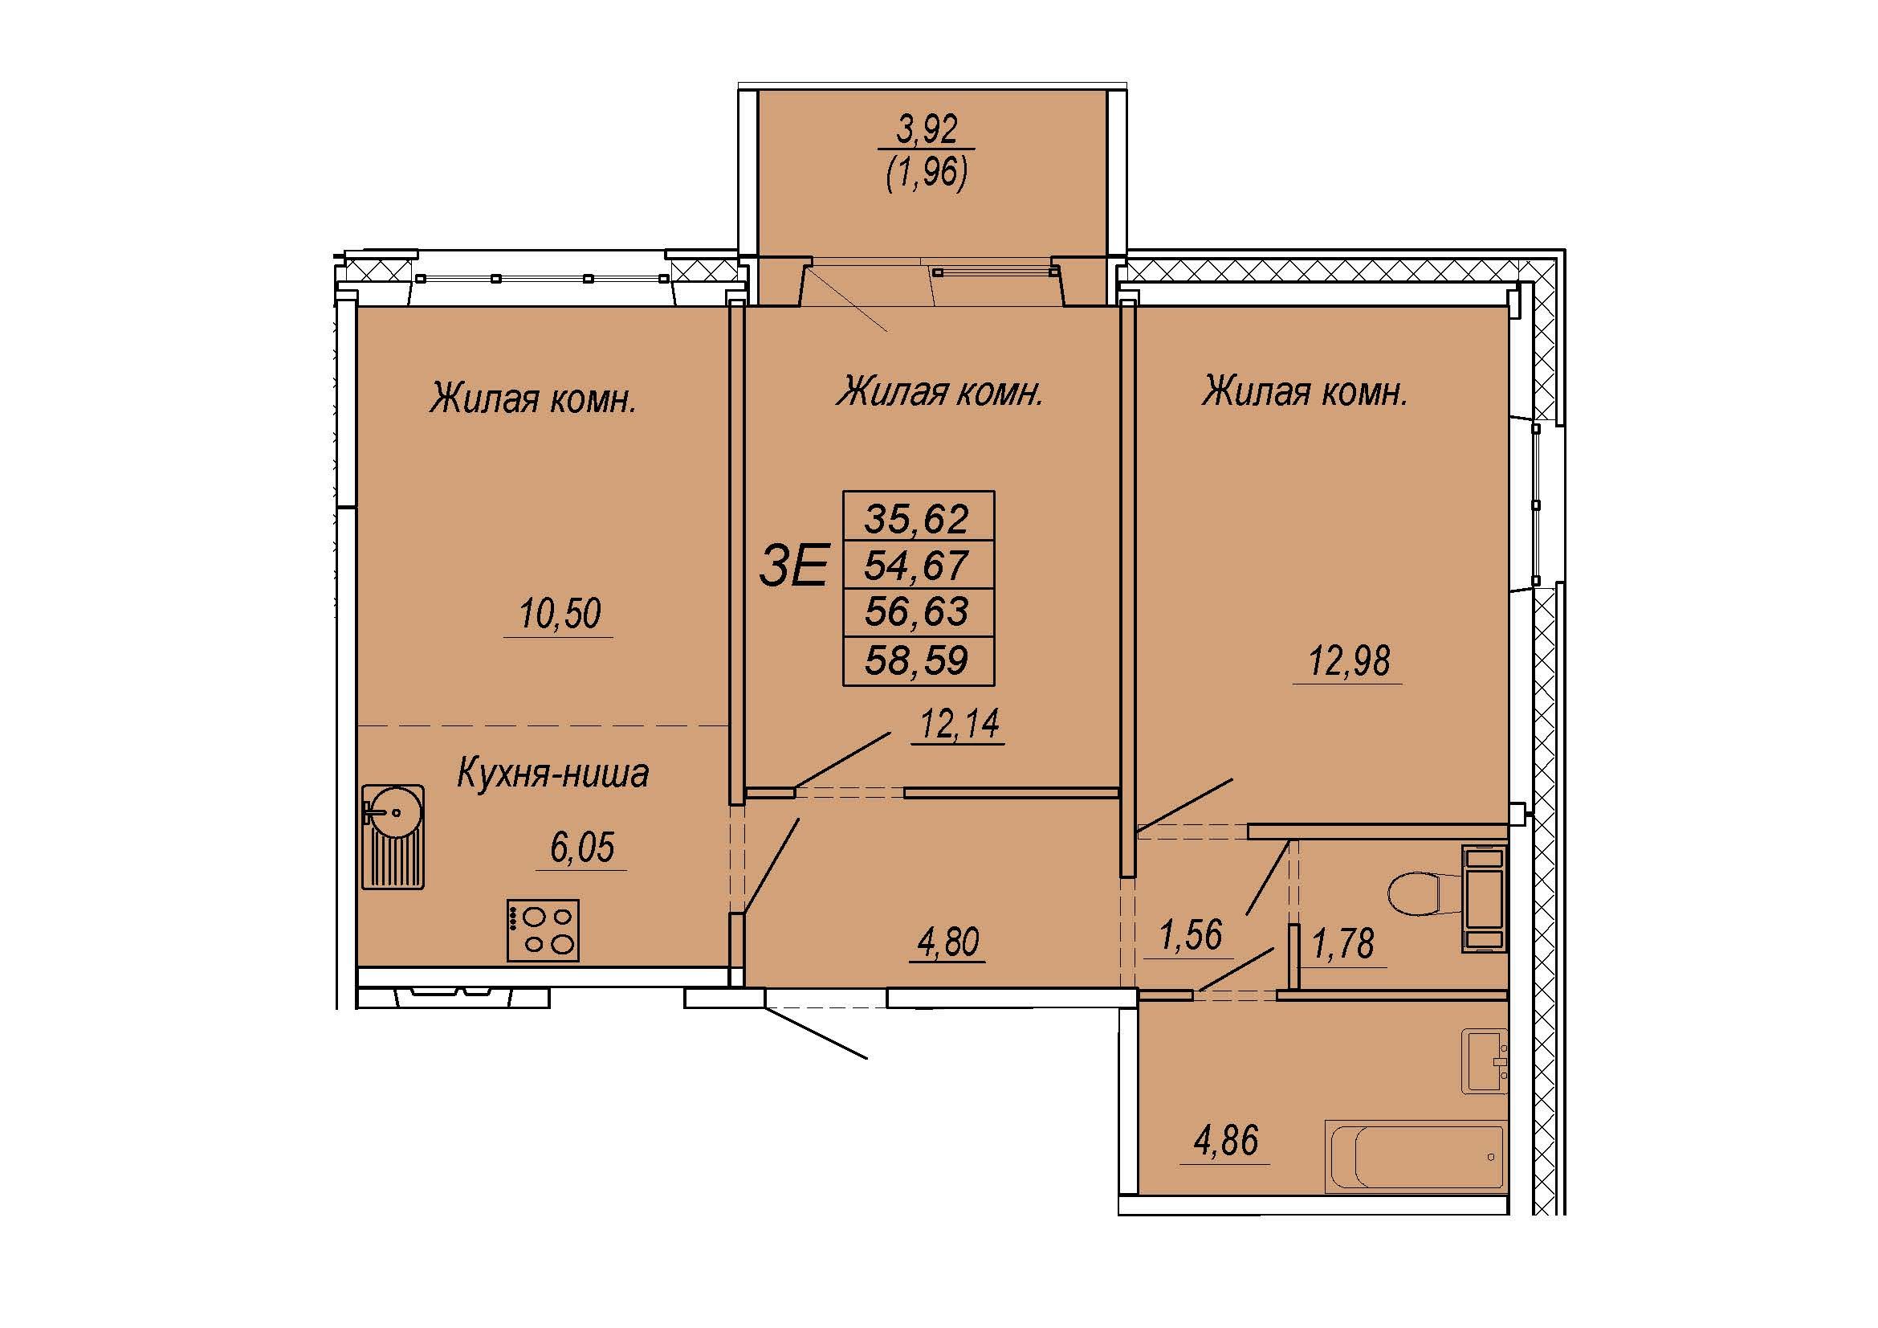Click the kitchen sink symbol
(x=393, y=836)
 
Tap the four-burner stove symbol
(x=542, y=930)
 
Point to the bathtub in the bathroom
(x=1415, y=1157)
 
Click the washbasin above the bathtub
(x=1485, y=1062)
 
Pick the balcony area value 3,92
(x=927, y=129)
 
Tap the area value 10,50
(x=560, y=613)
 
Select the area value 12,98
(x=1349, y=660)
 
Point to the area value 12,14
(x=960, y=723)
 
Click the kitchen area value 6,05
(x=581, y=848)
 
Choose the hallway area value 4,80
(x=949, y=942)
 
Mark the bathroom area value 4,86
(x=1225, y=1141)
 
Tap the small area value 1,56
(x=1191, y=934)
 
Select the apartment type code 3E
(x=793, y=566)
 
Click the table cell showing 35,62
(x=918, y=517)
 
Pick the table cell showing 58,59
(x=918, y=660)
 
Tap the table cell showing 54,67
(x=918, y=565)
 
